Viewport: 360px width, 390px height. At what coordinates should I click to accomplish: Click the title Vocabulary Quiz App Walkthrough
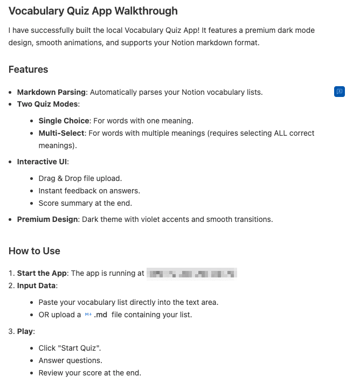(x=93, y=11)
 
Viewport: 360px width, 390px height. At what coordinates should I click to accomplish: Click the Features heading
(x=28, y=69)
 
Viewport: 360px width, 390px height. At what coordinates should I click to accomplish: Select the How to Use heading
(x=34, y=251)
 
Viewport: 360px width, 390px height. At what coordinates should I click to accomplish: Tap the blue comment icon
(x=340, y=92)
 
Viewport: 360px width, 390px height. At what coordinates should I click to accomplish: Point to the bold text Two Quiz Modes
(x=48, y=104)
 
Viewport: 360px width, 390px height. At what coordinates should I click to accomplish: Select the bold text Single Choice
(x=64, y=121)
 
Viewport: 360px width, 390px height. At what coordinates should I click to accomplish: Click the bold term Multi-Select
(x=61, y=133)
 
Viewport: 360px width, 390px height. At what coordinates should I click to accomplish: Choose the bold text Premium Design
(x=47, y=219)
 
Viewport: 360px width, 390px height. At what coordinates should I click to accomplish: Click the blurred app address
(x=192, y=273)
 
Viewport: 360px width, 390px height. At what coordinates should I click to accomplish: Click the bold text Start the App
(x=42, y=273)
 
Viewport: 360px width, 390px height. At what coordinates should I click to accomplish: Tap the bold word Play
(x=25, y=331)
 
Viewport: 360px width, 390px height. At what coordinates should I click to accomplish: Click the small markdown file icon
(x=88, y=315)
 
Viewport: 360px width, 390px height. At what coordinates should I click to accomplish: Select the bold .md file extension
(x=101, y=315)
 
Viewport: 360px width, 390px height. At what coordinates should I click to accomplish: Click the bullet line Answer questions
(x=70, y=360)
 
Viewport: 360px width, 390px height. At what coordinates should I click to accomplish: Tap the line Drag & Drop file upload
(x=80, y=178)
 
